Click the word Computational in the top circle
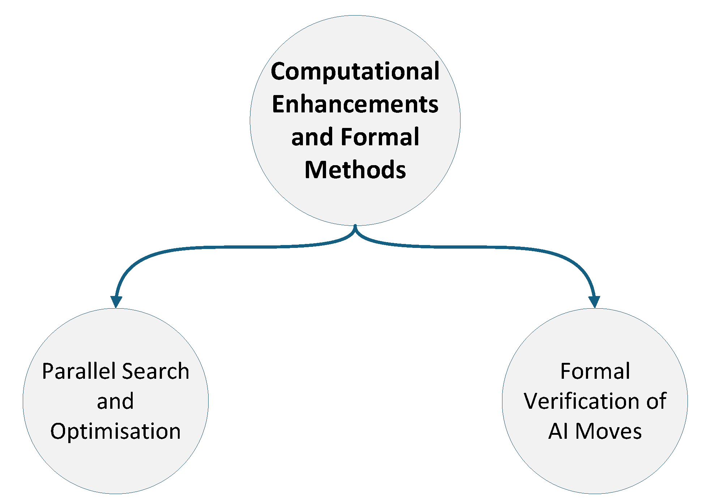tap(355, 71)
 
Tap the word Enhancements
tap(355, 104)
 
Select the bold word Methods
tap(355, 170)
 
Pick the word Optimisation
tap(115, 431)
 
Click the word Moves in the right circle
tap(608, 431)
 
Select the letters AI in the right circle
tap(558, 431)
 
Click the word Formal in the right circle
tap(595, 371)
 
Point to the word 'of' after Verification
tap(656, 401)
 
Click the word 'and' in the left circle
tap(115, 401)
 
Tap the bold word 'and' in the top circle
tap(312, 137)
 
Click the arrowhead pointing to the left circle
tap(116, 302)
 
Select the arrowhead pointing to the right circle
tap(594, 302)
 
